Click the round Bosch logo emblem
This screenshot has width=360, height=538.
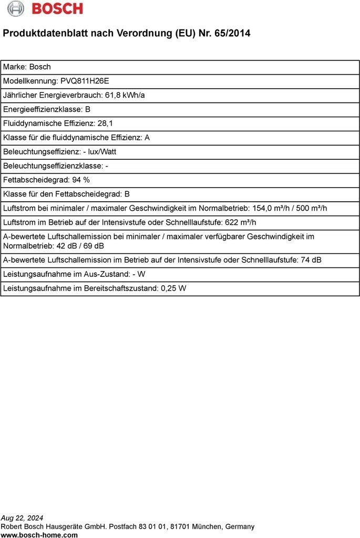(15, 8)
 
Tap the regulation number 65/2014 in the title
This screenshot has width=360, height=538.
(232, 33)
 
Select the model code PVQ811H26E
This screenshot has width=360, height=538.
(85, 81)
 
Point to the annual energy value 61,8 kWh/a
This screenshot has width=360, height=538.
(125, 95)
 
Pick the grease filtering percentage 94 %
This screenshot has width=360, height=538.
(81, 180)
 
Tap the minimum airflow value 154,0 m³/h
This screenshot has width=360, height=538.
(271, 208)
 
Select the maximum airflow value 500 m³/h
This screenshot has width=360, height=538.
(312, 208)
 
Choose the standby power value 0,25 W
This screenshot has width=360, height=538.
(174, 288)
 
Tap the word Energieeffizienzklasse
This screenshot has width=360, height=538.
(43, 109)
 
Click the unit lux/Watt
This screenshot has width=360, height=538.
(103, 152)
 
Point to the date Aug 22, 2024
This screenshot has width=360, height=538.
(22, 518)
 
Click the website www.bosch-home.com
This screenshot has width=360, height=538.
(39, 535)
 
